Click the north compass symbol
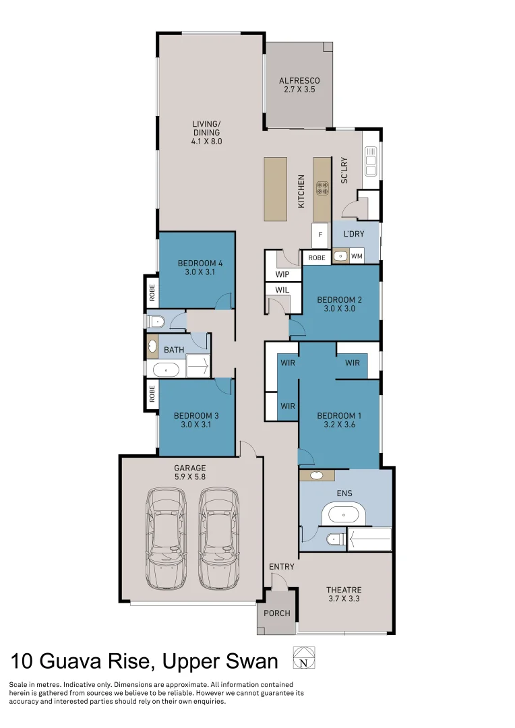point(303,657)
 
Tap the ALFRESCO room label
point(299,81)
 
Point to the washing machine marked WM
point(357,256)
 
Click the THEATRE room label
point(344,590)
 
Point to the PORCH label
point(277,613)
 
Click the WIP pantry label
point(282,274)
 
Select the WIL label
point(282,290)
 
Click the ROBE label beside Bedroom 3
point(152,394)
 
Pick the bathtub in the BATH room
point(166,369)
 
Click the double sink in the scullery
point(369,161)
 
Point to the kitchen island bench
point(275,189)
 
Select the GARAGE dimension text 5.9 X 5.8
point(190,477)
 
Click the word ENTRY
point(282,567)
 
